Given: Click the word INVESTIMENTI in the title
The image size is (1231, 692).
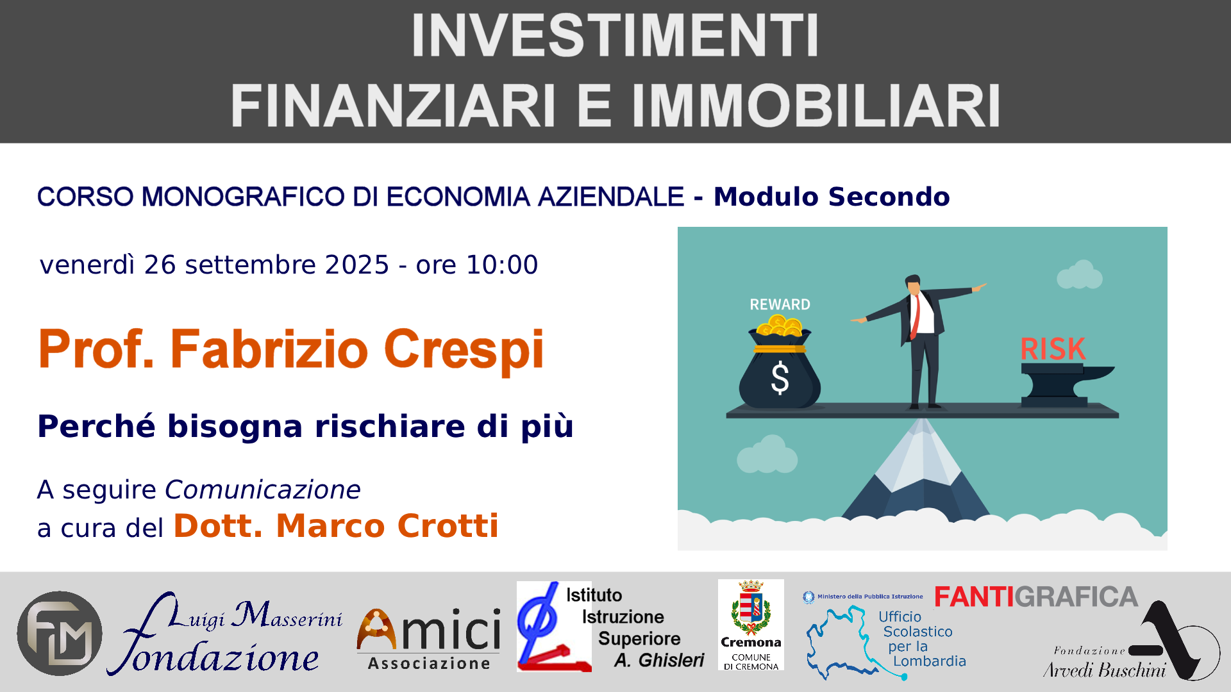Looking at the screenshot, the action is coord(615,36).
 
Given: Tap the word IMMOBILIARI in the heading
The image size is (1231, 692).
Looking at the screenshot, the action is coord(816,106).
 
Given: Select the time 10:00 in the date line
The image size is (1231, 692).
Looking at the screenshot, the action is coord(502,265).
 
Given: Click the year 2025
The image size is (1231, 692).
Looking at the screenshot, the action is coord(357,265).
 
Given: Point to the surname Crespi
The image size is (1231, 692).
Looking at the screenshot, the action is coord(464,350).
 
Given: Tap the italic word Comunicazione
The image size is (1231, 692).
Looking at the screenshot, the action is coord(263,490).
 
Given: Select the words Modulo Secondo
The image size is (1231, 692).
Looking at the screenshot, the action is coord(832,197).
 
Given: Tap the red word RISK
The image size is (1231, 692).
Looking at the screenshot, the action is coord(1053,349).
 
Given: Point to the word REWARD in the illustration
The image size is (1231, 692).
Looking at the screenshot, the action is coord(780,304).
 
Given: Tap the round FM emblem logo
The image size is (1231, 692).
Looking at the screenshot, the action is coord(60,633).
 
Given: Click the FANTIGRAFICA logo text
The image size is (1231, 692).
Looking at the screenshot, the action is coord(1036,597).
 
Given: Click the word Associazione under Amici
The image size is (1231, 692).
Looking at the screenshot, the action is coord(429,664).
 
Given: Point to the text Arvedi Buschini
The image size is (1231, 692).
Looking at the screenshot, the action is coord(1104,670).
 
